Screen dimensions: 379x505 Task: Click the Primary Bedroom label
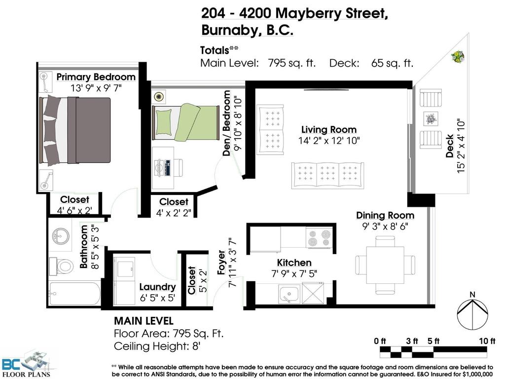click(x=96, y=77)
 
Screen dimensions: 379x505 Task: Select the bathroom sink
click(x=63, y=235)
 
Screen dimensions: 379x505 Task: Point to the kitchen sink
click(x=287, y=295)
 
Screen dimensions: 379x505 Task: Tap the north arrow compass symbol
click(x=472, y=314)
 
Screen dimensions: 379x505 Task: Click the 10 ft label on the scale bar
click(x=486, y=341)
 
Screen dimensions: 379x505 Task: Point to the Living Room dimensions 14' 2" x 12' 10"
click(x=329, y=140)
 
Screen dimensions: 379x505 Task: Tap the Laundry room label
click(x=157, y=287)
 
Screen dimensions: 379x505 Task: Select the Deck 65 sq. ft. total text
click(x=371, y=63)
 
